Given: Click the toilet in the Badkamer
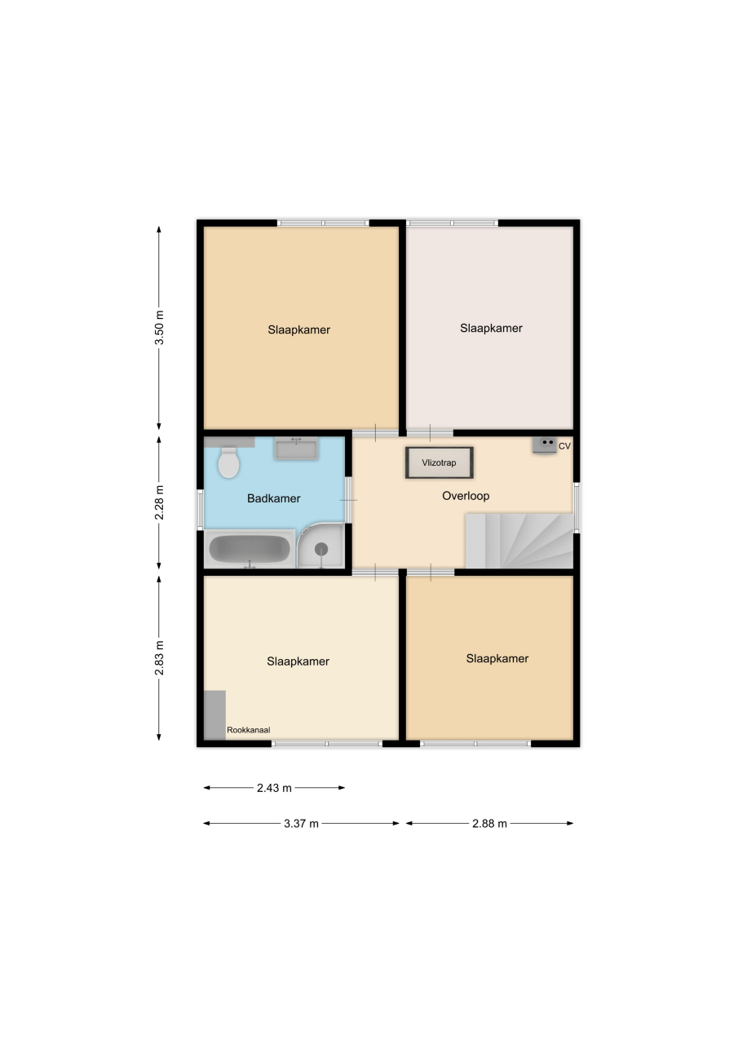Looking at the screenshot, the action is tap(228, 462).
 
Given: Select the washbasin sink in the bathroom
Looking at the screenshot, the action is tap(296, 449).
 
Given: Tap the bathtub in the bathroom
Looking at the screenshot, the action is tap(250, 549).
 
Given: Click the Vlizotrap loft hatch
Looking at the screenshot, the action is tap(440, 462).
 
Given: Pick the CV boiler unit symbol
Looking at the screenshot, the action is tap(544, 445).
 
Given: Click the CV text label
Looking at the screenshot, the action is tap(564, 446).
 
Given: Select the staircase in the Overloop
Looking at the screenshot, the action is tap(519, 541).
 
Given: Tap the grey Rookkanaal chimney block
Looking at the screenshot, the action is tap(214, 715).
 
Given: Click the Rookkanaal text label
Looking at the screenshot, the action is tap(249, 730).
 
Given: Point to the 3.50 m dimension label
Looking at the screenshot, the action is tap(159, 327).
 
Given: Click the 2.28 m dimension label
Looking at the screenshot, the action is tap(159, 502).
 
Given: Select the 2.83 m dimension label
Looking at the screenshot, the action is tap(159, 657).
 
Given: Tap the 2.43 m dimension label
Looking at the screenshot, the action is tap(274, 788).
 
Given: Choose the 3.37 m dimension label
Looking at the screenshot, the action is tap(301, 824).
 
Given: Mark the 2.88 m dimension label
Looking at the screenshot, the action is tap(489, 824).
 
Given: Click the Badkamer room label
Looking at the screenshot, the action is tap(273, 498).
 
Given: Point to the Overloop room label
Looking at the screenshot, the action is tap(466, 495).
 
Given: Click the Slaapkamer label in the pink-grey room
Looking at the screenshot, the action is tap(491, 328).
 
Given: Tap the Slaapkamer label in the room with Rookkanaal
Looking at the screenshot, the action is tap(298, 661).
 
